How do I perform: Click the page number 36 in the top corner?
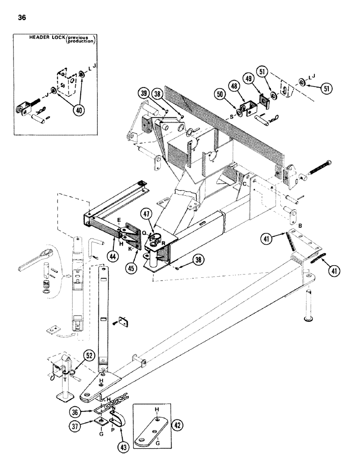22,18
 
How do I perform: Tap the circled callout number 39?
144,94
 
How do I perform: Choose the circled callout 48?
235,86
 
